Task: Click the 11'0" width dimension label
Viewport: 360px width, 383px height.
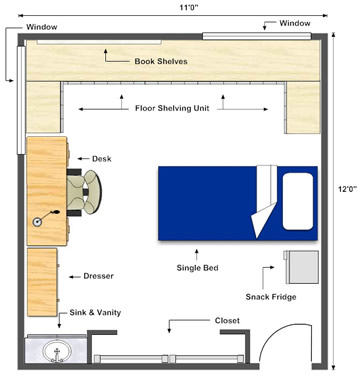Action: pos(189,7)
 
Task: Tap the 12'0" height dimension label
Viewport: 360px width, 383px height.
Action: pos(347,189)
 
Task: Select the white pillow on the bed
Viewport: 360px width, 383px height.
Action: pos(298,201)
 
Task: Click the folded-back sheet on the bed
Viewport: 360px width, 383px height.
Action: pos(266,201)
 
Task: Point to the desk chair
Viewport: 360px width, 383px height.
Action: pos(84,192)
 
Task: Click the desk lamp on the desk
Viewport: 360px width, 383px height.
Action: pos(45,218)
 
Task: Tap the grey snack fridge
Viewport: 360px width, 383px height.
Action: pos(301,267)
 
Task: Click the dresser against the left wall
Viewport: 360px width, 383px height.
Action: pos(43,282)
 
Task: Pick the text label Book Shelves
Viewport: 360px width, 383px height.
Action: pos(161,61)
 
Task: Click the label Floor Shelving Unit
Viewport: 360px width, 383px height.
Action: pos(172,108)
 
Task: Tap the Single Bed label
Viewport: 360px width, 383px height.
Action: pos(197,268)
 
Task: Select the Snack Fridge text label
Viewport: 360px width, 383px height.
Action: pos(271,297)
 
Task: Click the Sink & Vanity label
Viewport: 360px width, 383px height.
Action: pos(95,313)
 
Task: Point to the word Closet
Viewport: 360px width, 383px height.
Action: pos(227,321)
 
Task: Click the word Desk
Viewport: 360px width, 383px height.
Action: pos(102,159)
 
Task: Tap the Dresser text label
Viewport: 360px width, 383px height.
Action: pos(98,276)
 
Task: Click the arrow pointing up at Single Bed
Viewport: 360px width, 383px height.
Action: pos(197,255)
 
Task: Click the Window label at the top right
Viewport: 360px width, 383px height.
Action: pos(295,23)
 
